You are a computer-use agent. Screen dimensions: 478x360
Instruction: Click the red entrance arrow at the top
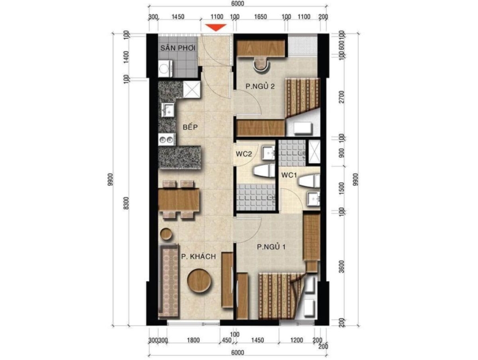coord(216,28)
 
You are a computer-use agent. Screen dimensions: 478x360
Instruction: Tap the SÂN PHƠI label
coord(178,48)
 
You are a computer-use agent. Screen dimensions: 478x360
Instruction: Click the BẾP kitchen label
coord(190,127)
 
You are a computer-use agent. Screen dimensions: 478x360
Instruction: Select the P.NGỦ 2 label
coord(260,86)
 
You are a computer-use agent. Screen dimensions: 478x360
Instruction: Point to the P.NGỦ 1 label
coord(271,247)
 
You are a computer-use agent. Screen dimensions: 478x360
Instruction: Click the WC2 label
coord(244,154)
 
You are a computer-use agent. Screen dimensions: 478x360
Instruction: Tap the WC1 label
coord(289,175)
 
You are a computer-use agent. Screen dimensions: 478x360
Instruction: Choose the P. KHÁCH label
coord(198,257)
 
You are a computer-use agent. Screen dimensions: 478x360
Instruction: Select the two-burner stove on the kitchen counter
coord(167,140)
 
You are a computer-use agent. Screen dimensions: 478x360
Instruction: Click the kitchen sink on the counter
coord(168,110)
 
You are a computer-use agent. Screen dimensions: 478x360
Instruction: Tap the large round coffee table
coord(199,281)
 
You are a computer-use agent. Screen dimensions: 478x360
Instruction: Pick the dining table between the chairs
coord(179,199)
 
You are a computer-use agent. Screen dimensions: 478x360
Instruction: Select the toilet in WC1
coord(309,181)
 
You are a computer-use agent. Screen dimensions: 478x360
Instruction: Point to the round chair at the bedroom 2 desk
coord(261,64)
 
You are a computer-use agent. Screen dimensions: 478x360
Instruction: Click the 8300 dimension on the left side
coord(127,203)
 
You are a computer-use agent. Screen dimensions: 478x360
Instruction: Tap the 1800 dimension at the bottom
coord(193,340)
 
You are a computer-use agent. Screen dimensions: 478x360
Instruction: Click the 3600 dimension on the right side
coord(341,267)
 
